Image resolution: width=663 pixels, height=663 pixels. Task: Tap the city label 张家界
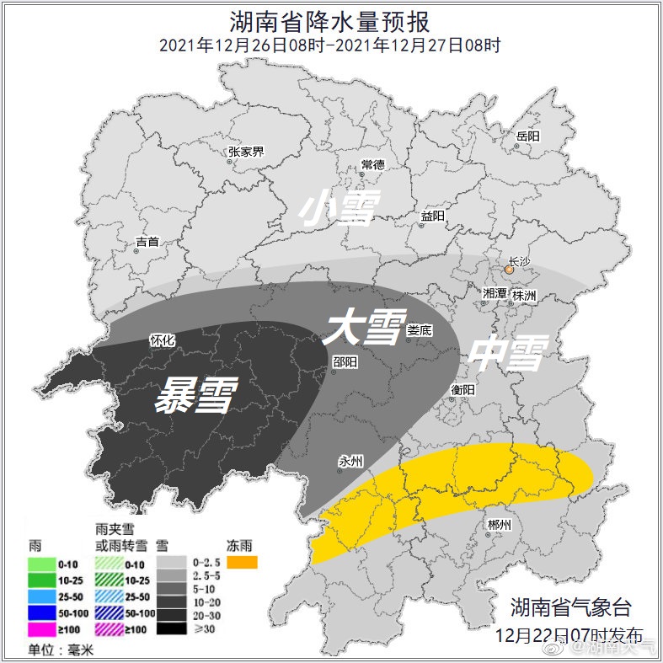click(246, 152)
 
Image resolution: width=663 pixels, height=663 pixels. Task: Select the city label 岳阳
click(528, 136)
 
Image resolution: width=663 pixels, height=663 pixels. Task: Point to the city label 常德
click(372, 164)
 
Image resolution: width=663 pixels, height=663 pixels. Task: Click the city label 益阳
click(432, 217)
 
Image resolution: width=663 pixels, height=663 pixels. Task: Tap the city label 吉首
click(147, 243)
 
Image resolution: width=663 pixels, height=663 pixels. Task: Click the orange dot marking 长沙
click(509, 270)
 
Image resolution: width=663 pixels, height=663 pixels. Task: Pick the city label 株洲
click(524, 296)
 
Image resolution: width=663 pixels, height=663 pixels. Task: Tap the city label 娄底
click(419, 330)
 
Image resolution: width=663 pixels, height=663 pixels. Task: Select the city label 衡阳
click(462, 389)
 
